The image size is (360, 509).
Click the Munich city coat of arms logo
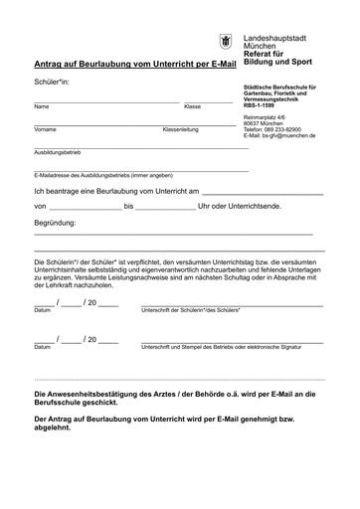(228, 42)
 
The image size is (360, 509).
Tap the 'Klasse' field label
(193, 106)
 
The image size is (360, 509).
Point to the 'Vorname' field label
(45, 130)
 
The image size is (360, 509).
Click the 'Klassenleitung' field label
(181, 130)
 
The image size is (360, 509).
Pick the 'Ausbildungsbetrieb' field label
(57, 154)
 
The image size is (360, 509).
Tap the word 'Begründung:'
(56, 224)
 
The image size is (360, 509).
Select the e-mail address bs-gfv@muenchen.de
(285, 136)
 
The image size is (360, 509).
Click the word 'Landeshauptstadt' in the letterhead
(277, 37)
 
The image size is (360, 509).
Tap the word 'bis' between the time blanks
(129, 207)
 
